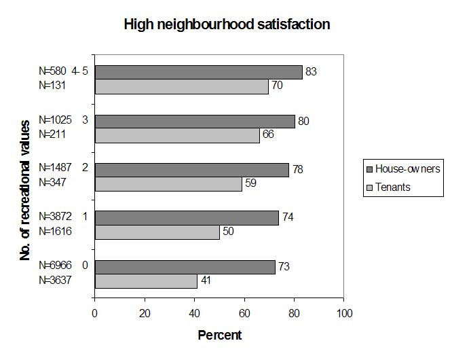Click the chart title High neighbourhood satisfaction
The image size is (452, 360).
226,25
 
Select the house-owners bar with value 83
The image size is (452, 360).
198,72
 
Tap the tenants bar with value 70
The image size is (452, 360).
181,86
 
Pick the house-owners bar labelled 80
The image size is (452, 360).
194,121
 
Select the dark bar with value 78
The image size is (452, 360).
191,170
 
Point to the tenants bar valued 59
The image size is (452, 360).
168,184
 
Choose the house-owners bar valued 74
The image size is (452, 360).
187,218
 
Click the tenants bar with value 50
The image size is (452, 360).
157,232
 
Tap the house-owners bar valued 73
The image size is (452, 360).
185,267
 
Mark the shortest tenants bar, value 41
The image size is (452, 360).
146,281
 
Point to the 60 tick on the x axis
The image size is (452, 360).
244,313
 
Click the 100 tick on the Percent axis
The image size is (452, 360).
344,313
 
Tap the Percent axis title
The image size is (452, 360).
219,335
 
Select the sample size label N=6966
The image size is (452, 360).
55,265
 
